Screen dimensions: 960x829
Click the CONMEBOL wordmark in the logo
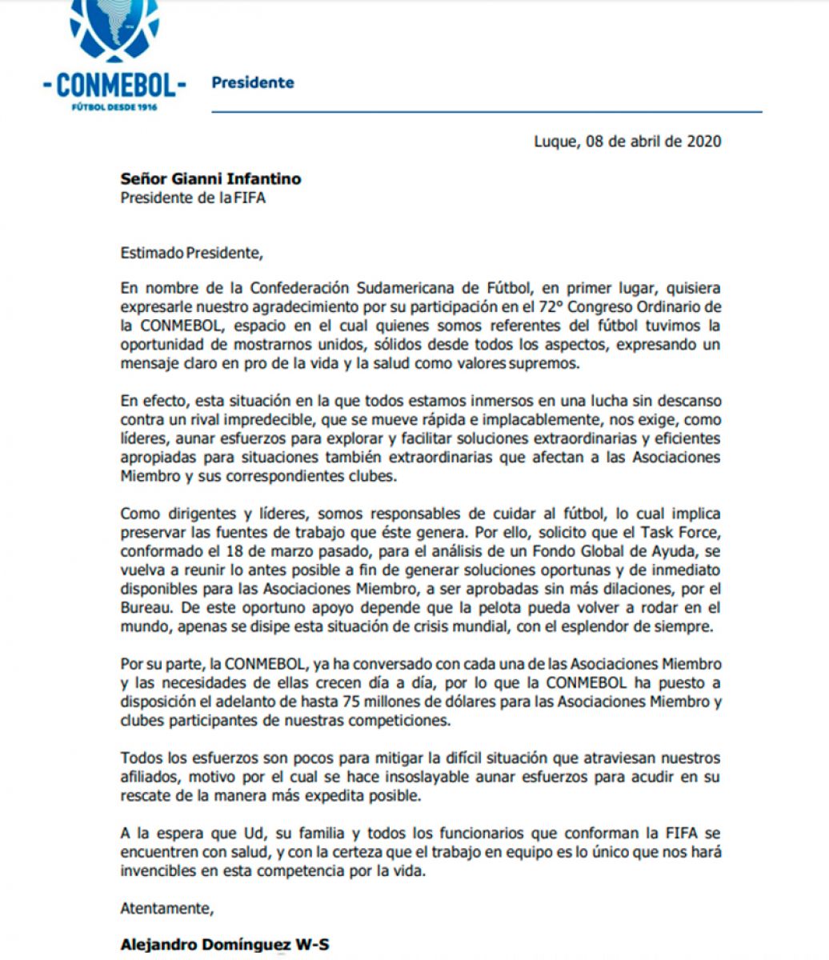(114, 82)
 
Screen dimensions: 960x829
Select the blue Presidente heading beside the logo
(252, 82)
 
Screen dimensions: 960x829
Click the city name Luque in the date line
(554, 142)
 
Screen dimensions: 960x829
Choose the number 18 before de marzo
(234, 552)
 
